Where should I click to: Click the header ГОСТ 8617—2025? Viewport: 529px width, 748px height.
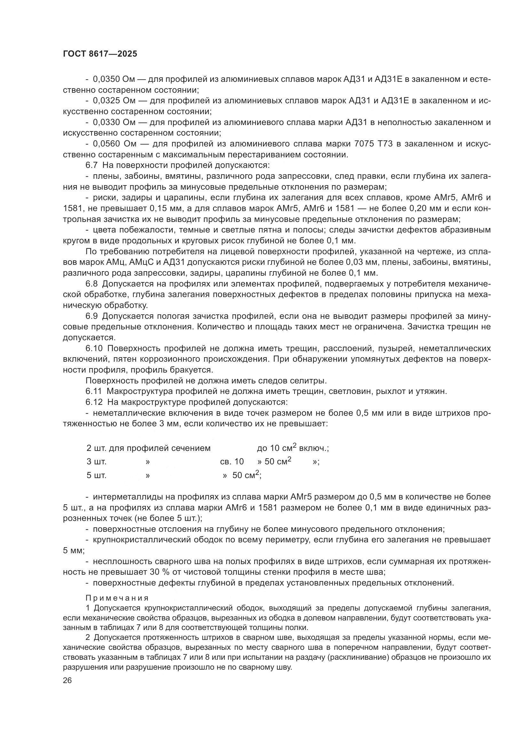[x=100, y=54]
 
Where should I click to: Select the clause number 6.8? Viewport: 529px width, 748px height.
[x=91, y=284]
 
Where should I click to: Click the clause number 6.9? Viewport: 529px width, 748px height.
[x=91, y=316]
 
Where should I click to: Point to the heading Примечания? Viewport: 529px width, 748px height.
[x=117, y=598]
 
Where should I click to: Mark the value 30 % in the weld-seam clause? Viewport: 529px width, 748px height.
[x=162, y=572]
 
